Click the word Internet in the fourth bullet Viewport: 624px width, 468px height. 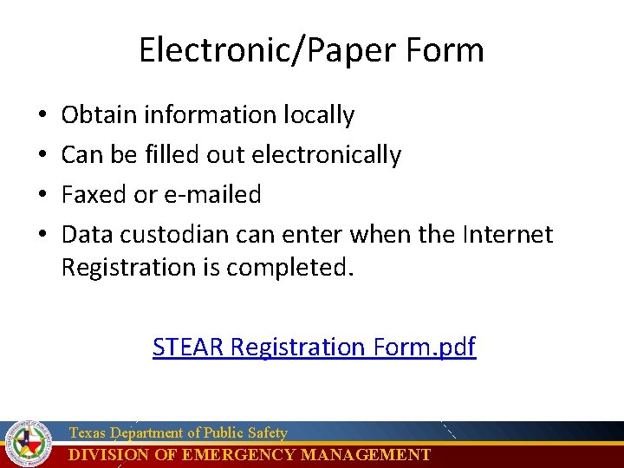[x=508, y=235]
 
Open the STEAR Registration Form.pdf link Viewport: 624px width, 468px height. [x=314, y=348]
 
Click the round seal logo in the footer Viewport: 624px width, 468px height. [x=29, y=443]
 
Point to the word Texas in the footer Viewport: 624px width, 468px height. [x=87, y=432]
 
